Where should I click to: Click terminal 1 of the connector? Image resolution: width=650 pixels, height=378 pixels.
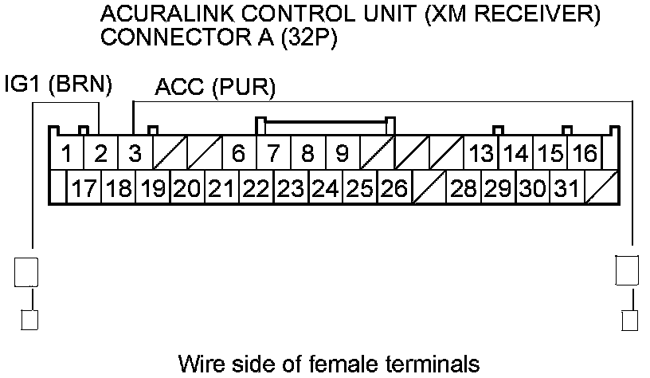coord(69,153)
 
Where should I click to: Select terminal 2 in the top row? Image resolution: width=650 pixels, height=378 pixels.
coord(101,153)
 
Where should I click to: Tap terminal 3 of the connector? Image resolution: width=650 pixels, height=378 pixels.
coord(135,153)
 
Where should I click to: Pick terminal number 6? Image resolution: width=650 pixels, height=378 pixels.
coord(238,153)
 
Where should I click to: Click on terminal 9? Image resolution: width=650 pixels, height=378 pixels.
coord(342,153)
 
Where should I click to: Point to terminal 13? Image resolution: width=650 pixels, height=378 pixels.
coord(481,153)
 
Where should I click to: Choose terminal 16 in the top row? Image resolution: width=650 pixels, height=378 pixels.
coord(585,153)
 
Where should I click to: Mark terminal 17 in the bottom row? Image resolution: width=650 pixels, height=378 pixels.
coord(84,189)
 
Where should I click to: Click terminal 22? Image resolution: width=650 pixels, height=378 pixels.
coord(256,189)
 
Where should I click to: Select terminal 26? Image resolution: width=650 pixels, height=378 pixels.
coord(394,189)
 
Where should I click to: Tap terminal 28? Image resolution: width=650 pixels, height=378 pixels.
coord(463,189)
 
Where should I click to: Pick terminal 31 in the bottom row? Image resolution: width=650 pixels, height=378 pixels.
coord(566,189)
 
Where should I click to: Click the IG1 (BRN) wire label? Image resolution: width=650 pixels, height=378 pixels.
coord(58,85)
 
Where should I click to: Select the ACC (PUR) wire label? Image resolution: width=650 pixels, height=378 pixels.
coord(215,88)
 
